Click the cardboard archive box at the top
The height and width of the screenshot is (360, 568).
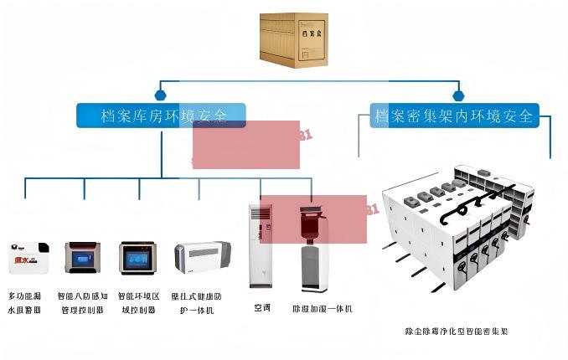pos(293,39)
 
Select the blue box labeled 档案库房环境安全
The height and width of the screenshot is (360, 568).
pos(161,116)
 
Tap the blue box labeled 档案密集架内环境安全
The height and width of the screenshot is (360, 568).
pos(454,116)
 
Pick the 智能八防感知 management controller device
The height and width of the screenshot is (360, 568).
pos(83,258)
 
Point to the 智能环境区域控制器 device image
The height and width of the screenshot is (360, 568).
pos(138,258)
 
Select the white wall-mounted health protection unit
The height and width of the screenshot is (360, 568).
pos(202,256)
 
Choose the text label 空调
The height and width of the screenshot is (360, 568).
pos(262,308)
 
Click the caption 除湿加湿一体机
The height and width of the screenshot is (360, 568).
pos(322,309)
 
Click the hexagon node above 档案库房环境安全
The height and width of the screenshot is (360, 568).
pos(160,95)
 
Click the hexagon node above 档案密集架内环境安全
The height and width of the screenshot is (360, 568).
pos(457,95)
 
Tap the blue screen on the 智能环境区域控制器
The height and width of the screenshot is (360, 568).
pos(137,259)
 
